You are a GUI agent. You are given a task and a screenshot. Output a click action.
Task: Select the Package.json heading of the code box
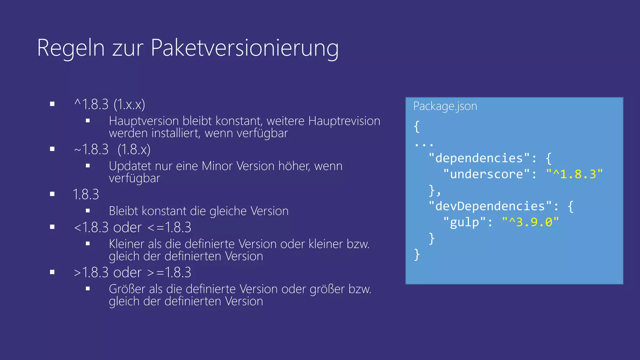click(445, 106)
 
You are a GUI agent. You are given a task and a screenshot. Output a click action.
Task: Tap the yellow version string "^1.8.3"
click(574, 174)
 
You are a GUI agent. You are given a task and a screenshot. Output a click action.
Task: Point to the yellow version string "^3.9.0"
click(530, 222)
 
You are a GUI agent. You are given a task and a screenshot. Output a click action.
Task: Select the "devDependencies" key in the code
click(490, 206)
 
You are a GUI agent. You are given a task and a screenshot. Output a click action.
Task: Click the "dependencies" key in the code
click(479, 158)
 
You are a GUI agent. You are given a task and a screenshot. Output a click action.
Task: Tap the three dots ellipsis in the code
click(424, 145)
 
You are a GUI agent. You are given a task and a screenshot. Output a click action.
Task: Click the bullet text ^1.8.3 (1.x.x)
click(110, 104)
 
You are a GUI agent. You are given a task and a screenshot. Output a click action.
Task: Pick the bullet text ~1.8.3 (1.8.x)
click(112, 149)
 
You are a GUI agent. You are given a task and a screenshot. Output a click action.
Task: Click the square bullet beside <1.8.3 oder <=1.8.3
click(52, 227)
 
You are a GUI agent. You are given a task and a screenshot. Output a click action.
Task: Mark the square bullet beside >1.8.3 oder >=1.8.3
click(52, 272)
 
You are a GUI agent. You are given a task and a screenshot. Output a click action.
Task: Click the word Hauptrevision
click(344, 121)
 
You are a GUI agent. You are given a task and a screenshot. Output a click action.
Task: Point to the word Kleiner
click(127, 244)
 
